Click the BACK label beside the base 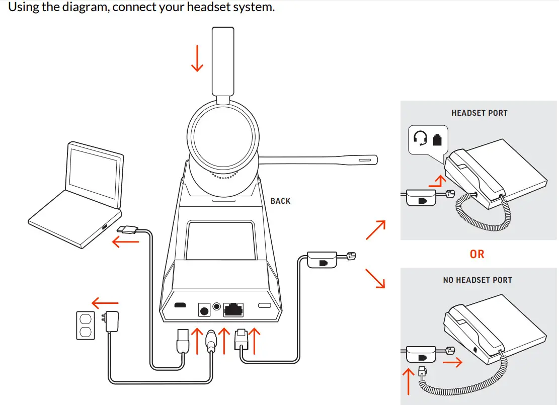pos(280,201)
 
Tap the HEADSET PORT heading pos(479,113)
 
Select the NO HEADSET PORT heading pos(477,280)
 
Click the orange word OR pos(477,254)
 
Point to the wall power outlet pos(85,325)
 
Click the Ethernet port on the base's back pos(233,308)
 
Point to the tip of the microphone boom pos(370,160)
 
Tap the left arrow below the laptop pos(125,242)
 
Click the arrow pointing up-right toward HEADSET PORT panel pos(376,230)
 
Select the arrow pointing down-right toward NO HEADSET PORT pos(375,278)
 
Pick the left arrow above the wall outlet pos(105,303)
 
